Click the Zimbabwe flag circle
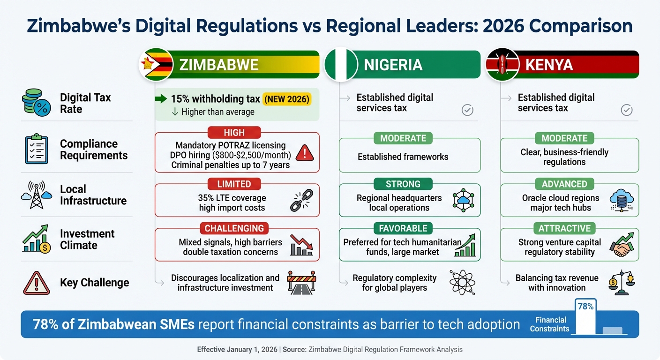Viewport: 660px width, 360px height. coord(156,65)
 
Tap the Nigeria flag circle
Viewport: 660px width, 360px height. coord(341,65)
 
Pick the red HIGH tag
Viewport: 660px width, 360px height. coord(234,133)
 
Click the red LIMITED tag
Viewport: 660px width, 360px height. coord(234,184)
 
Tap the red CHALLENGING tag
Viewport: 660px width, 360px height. coord(234,228)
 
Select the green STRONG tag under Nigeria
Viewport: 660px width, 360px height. coord(403,184)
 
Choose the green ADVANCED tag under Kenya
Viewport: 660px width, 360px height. coord(564,184)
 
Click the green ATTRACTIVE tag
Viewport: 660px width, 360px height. coord(564,228)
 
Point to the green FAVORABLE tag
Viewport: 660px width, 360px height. coord(403,228)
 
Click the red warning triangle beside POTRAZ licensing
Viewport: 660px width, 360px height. coord(305,152)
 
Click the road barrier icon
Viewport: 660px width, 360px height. coord(301,282)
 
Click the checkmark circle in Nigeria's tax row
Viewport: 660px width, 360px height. coord(467,110)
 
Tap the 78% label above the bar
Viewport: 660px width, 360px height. coord(585,307)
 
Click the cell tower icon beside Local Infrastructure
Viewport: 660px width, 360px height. coord(35,195)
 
